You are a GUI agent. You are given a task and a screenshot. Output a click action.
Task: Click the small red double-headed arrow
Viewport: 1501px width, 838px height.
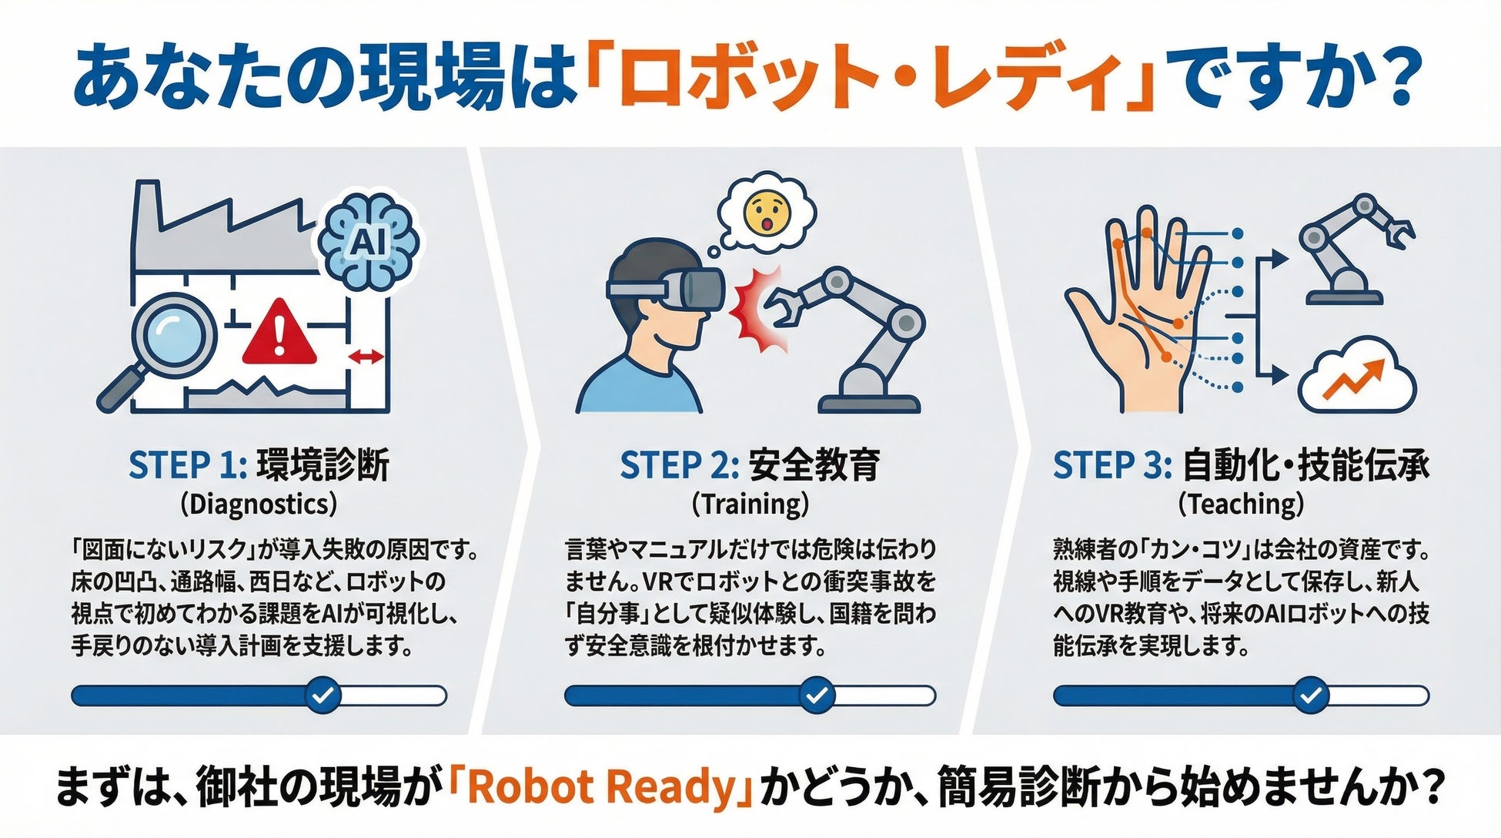point(366,357)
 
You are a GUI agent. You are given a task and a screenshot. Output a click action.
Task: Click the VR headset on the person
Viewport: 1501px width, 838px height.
point(667,286)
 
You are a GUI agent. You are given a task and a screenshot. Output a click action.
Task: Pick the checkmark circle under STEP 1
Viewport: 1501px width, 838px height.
point(323,696)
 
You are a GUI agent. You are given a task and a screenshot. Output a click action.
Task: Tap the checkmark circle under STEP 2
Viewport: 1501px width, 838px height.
point(817,696)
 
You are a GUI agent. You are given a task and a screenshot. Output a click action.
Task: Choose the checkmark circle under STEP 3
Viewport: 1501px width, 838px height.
point(1309,696)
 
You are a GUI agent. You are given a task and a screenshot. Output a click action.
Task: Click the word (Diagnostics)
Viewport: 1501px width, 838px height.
point(259,504)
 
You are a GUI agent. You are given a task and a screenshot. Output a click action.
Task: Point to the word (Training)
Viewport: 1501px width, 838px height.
point(750,504)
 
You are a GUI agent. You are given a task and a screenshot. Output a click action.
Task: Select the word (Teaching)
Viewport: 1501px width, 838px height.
point(1242,504)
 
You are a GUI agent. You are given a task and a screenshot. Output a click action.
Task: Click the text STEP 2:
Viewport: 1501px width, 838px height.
point(679,465)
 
